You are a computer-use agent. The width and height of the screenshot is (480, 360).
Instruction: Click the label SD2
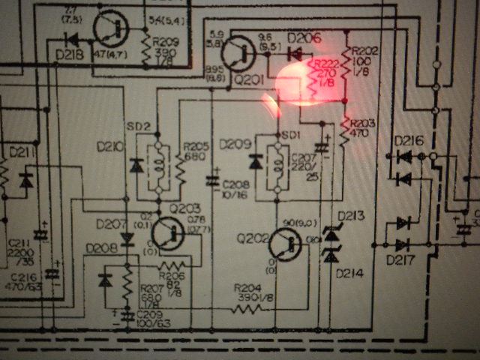click(141, 124)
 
